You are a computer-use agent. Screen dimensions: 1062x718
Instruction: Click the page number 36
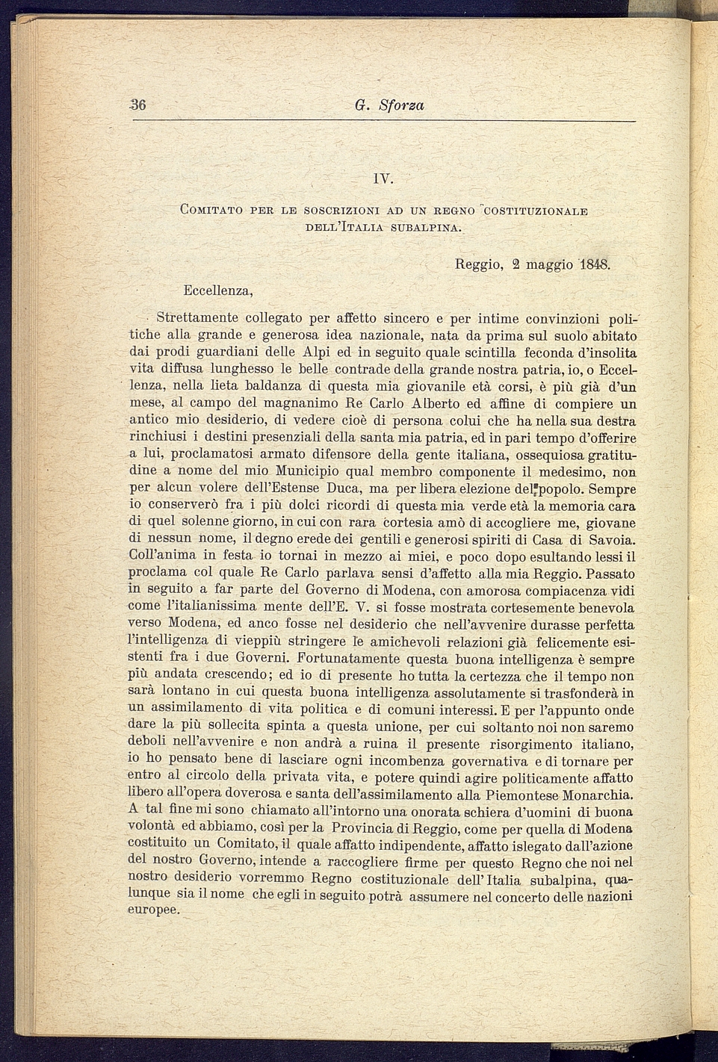[x=137, y=105]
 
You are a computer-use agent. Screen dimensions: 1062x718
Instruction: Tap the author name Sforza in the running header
[x=401, y=105]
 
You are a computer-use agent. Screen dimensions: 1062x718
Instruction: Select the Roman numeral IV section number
[x=383, y=179]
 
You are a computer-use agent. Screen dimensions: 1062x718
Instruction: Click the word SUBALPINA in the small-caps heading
[x=425, y=226]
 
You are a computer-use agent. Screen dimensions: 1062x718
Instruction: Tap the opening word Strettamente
[x=197, y=318]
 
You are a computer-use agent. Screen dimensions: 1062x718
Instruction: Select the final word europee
[x=154, y=910]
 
